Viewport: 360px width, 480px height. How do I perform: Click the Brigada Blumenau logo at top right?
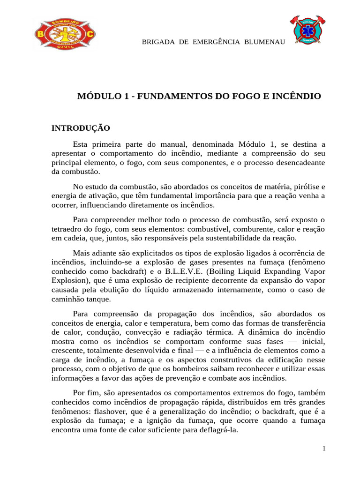coord(308,29)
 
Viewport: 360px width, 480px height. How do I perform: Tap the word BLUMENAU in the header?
coord(264,42)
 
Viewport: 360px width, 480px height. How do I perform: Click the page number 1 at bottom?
coord(324,449)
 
